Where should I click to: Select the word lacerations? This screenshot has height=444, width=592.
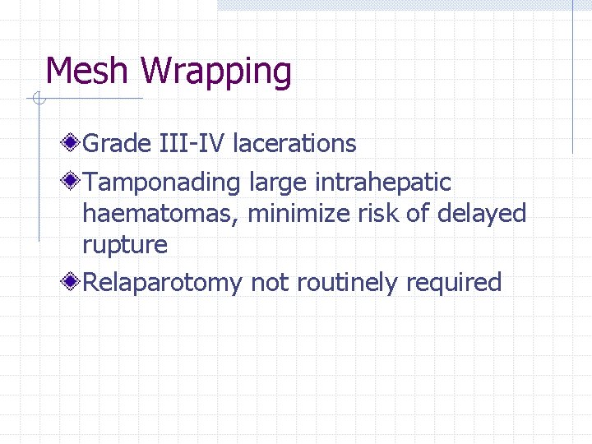294,144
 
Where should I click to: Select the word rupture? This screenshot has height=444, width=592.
125,245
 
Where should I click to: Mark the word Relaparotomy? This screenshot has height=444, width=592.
163,283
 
